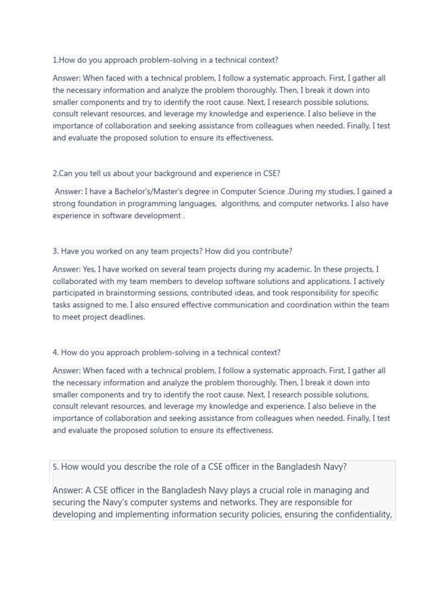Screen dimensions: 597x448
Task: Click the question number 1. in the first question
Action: point(55,60)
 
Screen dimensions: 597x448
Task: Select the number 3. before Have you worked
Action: point(55,251)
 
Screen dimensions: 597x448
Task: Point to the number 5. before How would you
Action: point(55,466)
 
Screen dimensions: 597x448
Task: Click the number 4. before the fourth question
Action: point(56,352)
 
